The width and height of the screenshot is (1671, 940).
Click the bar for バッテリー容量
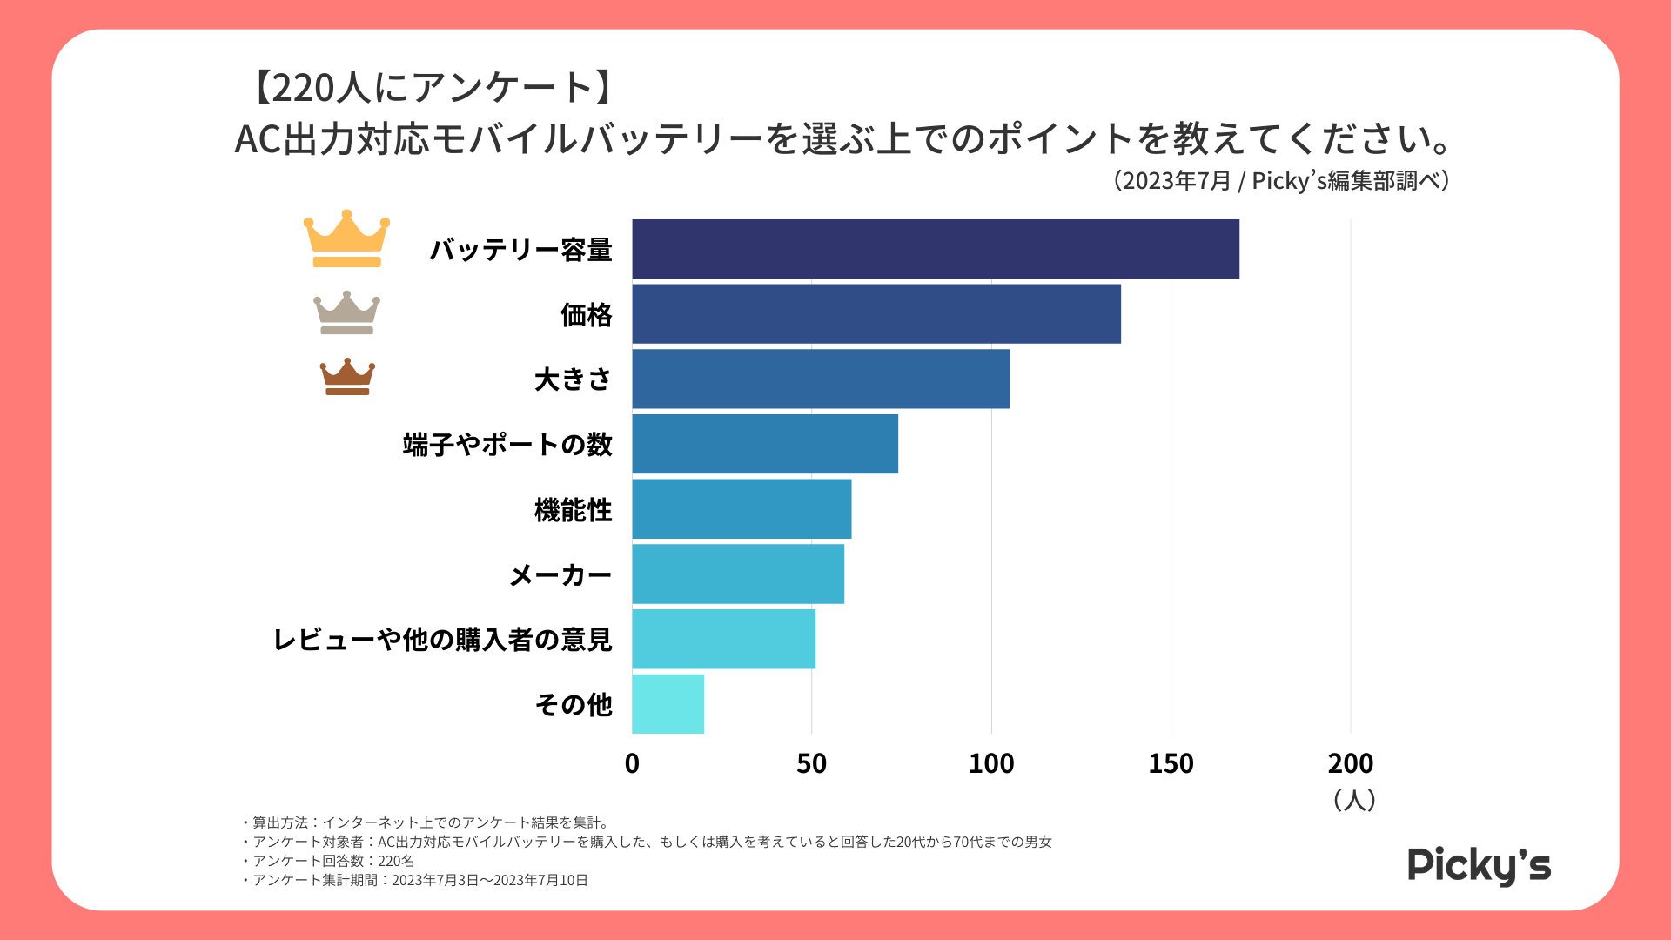click(x=936, y=249)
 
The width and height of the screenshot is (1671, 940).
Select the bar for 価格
click(x=876, y=314)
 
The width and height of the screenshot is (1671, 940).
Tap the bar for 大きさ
click(x=821, y=379)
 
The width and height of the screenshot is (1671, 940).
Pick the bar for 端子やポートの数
click(x=765, y=444)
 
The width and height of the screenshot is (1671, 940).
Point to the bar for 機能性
click(x=742, y=509)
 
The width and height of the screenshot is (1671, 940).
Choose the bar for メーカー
click(x=738, y=574)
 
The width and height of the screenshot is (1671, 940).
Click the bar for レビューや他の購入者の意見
click(x=723, y=639)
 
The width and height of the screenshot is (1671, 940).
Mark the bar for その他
click(x=668, y=704)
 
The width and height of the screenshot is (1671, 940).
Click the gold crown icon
click(x=346, y=238)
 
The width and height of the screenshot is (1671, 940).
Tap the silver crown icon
click(x=346, y=313)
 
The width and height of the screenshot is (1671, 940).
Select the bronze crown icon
click(x=347, y=377)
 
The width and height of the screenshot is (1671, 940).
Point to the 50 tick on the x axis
click(x=811, y=763)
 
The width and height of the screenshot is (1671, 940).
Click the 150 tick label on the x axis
click(x=1171, y=763)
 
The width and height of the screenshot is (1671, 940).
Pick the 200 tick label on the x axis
click(x=1350, y=763)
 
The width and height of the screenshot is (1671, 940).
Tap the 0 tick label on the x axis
click(x=632, y=763)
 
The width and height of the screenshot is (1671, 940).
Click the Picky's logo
click(x=1479, y=865)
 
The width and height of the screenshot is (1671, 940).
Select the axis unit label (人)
click(x=1353, y=800)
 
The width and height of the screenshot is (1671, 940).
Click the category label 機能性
click(x=573, y=510)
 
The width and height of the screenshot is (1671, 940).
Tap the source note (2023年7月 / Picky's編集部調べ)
click(x=1280, y=181)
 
